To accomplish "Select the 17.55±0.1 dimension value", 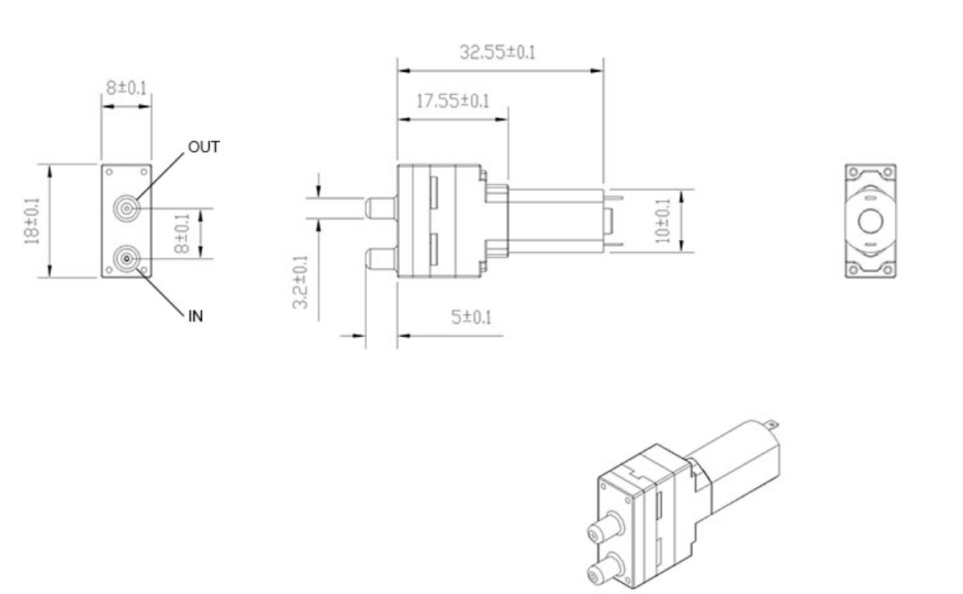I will (452, 102).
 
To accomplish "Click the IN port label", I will (195, 316).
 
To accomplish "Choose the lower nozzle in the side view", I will (381, 257).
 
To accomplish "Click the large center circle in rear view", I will (870, 222).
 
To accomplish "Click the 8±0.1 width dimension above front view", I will (126, 88).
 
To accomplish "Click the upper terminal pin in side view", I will (617, 199).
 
